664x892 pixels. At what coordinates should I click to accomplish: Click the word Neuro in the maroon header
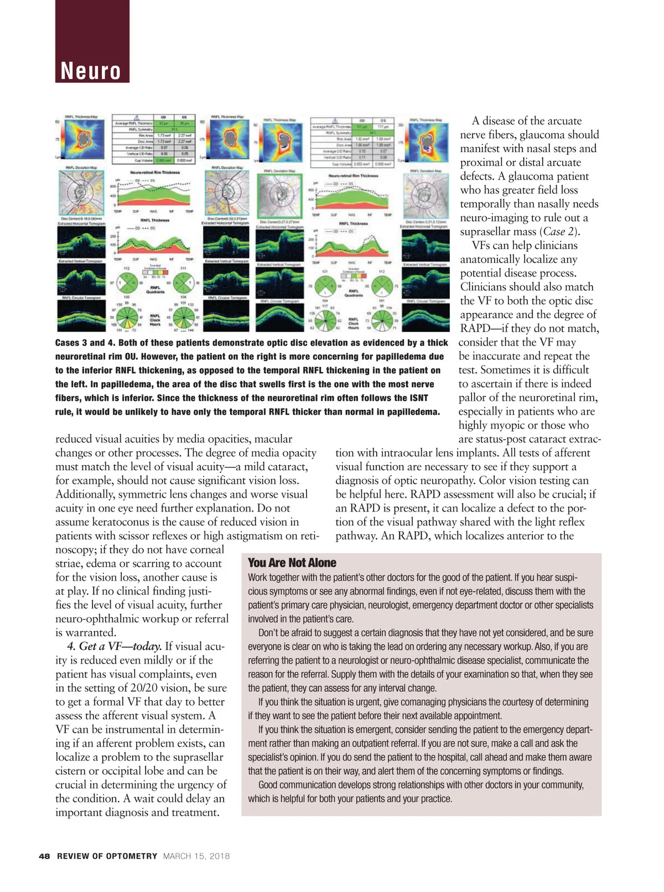point(91,71)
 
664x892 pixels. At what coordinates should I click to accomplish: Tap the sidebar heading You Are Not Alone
point(292,563)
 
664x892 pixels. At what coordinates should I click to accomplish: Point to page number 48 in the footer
point(44,856)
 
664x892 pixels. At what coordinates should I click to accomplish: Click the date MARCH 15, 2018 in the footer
point(196,856)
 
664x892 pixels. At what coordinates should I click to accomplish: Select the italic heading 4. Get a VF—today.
point(115,646)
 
